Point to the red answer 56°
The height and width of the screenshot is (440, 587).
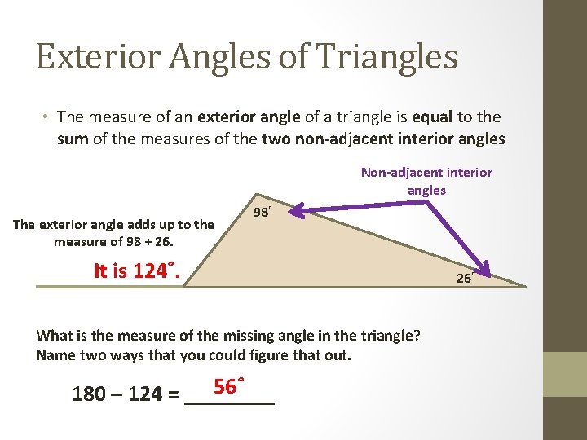tap(230, 386)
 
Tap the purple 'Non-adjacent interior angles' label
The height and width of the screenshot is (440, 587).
tap(426, 181)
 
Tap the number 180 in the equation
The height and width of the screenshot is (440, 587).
tap(89, 395)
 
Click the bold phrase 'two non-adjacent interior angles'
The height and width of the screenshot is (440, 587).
tap(383, 139)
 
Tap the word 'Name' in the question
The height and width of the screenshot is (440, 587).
tap(55, 354)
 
